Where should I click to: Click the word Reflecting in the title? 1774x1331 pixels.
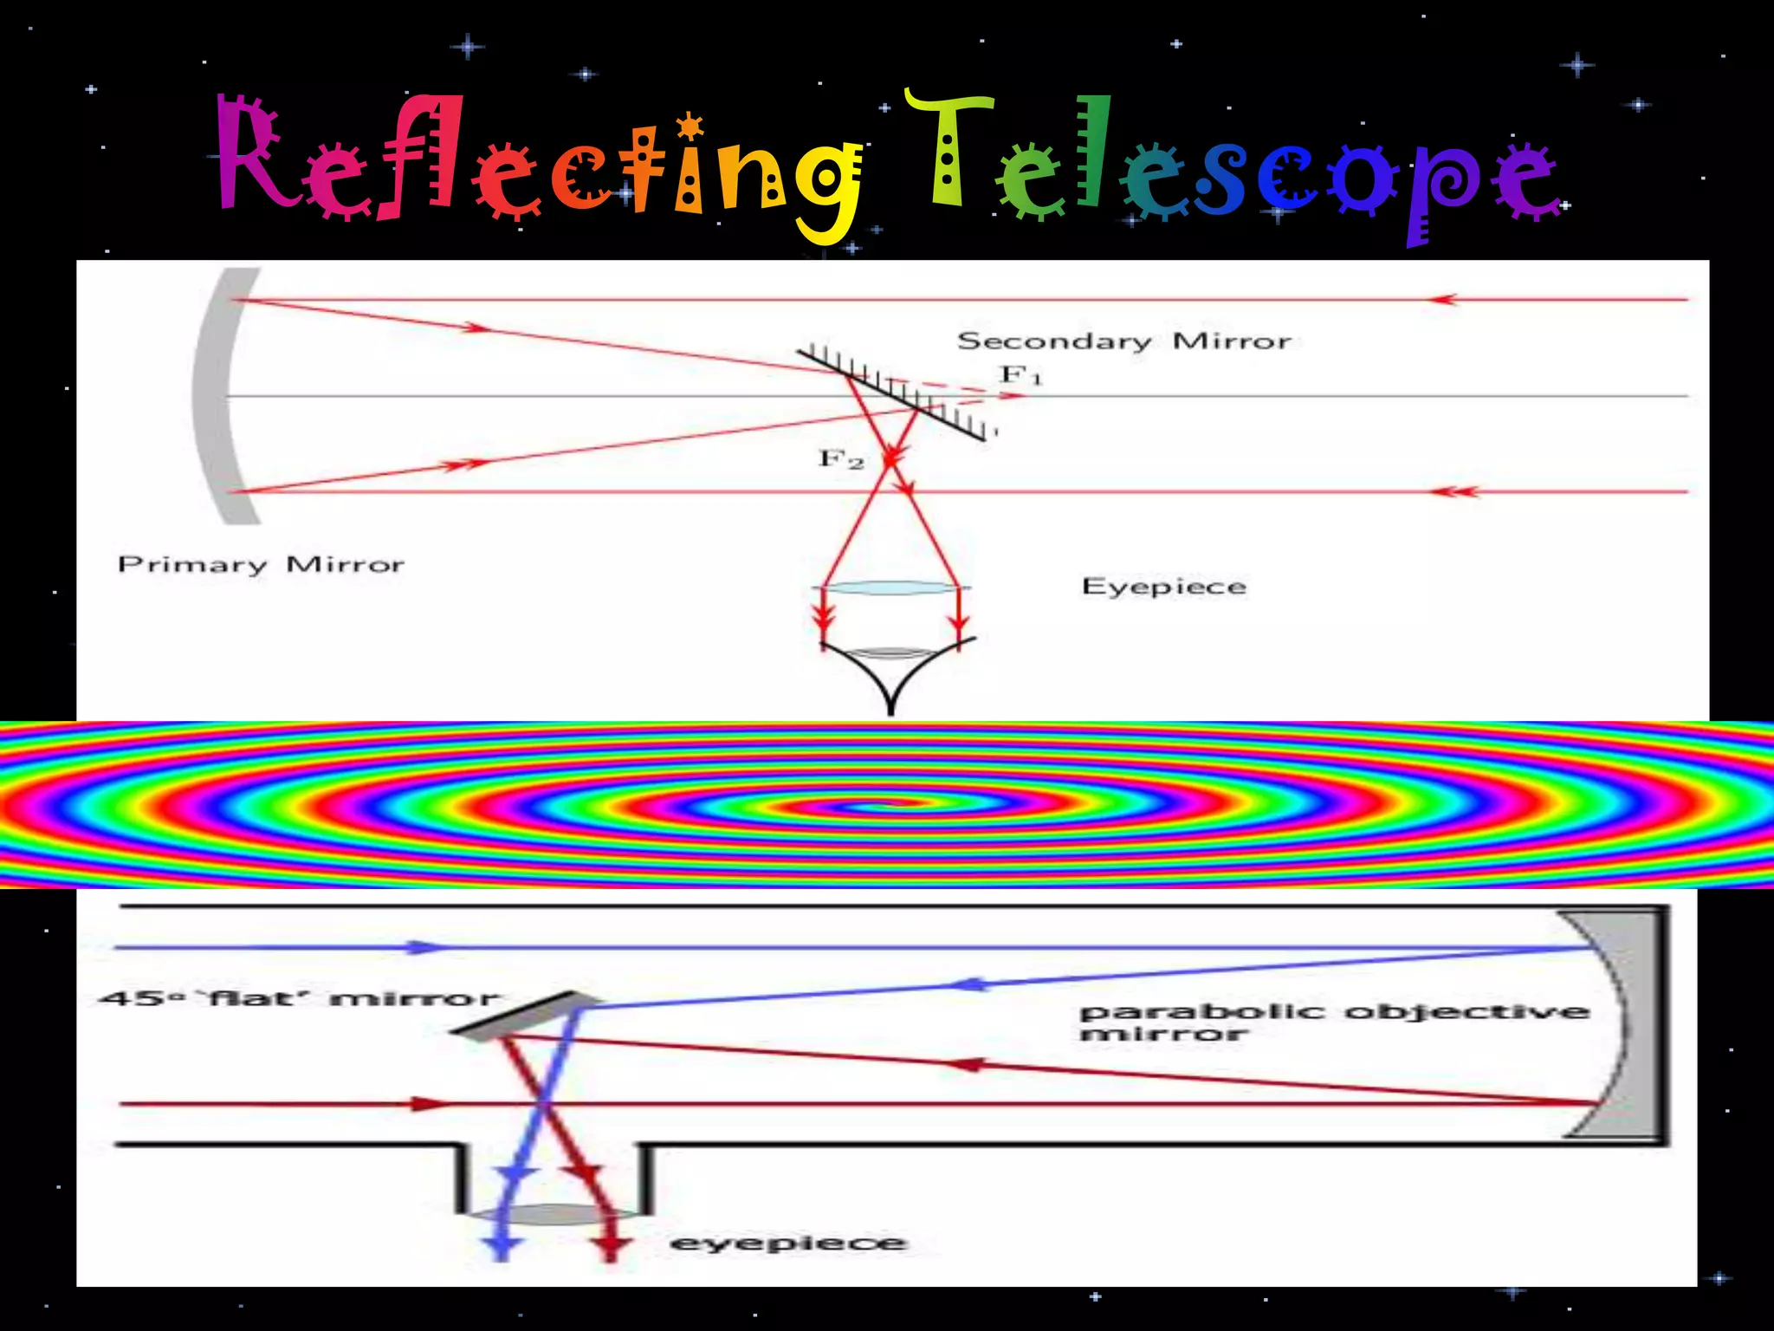537,165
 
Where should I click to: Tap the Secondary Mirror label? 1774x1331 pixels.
1123,341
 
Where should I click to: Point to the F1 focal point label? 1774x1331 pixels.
1020,375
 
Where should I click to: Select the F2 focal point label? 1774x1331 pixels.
840,458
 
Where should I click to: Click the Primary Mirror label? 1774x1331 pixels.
261,565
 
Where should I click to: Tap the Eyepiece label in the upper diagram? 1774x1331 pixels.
1163,587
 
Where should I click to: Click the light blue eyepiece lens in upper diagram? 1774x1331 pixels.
891,588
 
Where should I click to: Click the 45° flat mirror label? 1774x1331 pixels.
299,999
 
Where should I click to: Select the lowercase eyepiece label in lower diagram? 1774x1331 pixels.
787,1243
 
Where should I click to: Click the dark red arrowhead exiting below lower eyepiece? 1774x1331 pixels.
612,1249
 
